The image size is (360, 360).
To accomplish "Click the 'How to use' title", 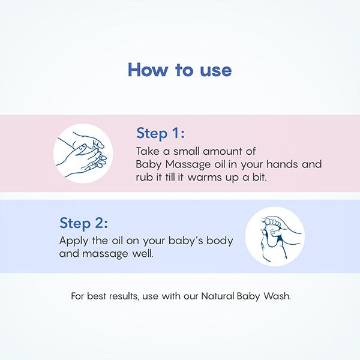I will tap(179, 70).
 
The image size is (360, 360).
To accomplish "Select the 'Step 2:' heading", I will tap(83, 223).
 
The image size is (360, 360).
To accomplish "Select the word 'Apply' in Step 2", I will tap(73, 241).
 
